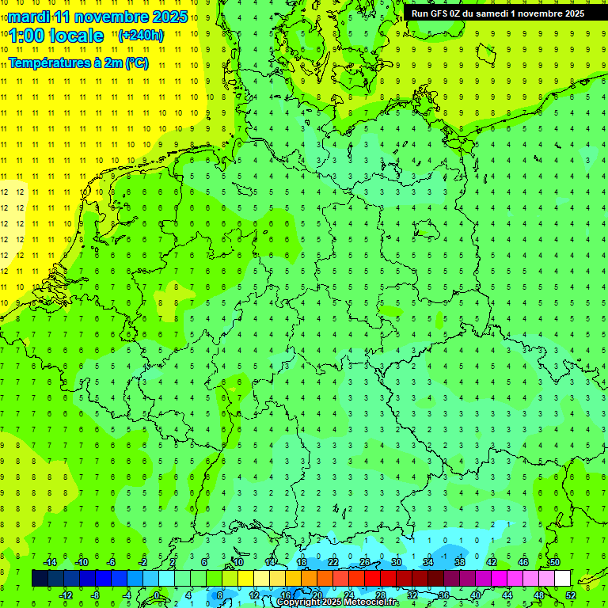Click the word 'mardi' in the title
[28, 16]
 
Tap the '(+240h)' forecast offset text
[141, 35]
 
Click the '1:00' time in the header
[26, 36]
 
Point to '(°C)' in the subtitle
[136, 63]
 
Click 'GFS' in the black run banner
[441, 13]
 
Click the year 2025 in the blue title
[169, 16]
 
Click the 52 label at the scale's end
[571, 595]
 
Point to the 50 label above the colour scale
[554, 562]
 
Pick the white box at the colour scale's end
[562, 578]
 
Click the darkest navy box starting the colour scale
[40, 578]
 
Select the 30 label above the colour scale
[396, 562]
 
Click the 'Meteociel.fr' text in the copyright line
[373, 602]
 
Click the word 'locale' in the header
[76, 36]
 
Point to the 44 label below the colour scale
[507, 595]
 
